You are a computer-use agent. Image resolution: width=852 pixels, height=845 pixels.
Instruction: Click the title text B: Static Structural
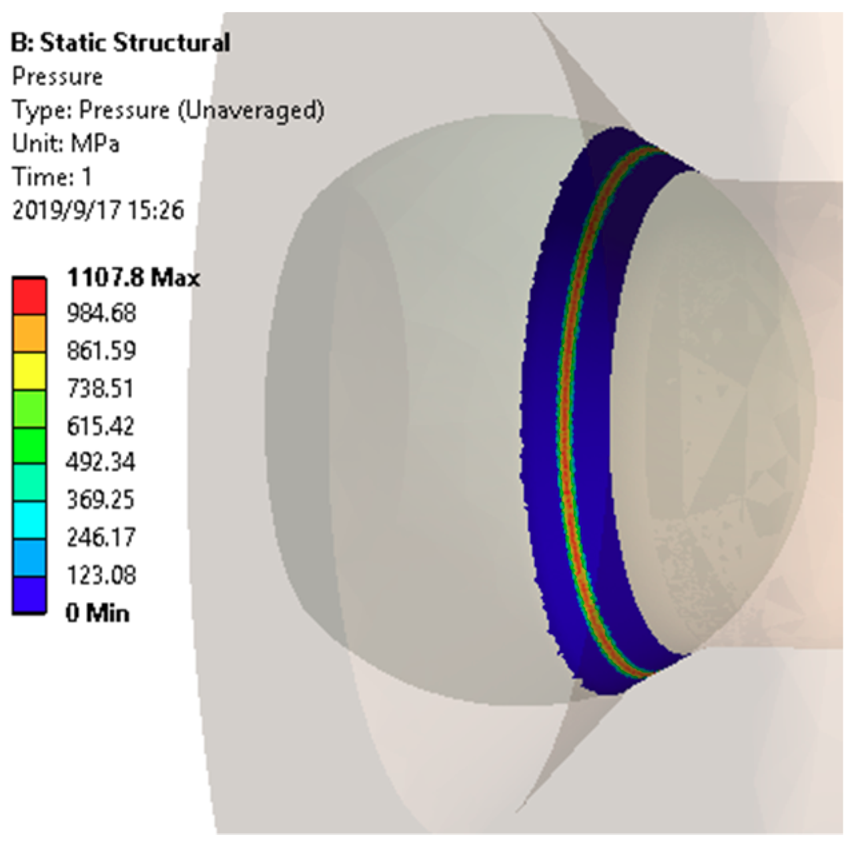pyautogui.click(x=121, y=43)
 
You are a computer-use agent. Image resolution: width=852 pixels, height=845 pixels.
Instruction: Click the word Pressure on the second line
pyautogui.click(x=57, y=77)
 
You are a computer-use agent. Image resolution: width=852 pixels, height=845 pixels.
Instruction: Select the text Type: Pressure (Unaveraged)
pyautogui.click(x=168, y=110)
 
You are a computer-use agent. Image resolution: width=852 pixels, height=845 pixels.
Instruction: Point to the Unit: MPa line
pyautogui.click(x=66, y=144)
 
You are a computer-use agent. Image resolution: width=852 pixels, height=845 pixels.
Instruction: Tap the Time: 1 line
pyautogui.click(x=52, y=177)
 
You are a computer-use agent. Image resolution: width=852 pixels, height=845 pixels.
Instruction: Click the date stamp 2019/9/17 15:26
pyautogui.click(x=98, y=210)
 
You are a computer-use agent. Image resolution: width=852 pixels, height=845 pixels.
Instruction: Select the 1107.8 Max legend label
pyautogui.click(x=133, y=277)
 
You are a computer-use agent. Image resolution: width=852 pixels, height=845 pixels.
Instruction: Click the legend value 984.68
pyautogui.click(x=101, y=313)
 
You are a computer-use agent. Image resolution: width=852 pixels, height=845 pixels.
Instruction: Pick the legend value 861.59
pyautogui.click(x=101, y=350)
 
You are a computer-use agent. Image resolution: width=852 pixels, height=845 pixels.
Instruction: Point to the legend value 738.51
pyautogui.click(x=100, y=388)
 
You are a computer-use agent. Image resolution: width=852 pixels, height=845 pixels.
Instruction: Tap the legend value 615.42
pyautogui.click(x=100, y=425)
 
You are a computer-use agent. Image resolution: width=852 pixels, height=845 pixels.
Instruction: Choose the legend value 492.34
pyautogui.click(x=101, y=462)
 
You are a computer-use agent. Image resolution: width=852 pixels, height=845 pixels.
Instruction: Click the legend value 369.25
pyautogui.click(x=100, y=499)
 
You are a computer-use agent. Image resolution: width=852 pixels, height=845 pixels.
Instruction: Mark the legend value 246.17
pyautogui.click(x=100, y=537)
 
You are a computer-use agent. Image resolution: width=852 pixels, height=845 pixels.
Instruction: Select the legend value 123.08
pyautogui.click(x=101, y=574)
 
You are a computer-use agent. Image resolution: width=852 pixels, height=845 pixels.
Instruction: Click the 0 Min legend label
pyautogui.click(x=97, y=612)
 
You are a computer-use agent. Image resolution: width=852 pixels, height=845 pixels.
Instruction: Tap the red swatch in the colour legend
pyautogui.click(x=29, y=296)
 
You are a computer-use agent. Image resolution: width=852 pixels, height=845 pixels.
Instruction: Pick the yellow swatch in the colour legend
pyautogui.click(x=29, y=370)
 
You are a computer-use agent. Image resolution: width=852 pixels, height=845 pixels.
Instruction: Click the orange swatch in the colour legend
pyautogui.click(x=29, y=333)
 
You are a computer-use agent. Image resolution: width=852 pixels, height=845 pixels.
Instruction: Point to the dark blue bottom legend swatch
pyautogui.click(x=29, y=595)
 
